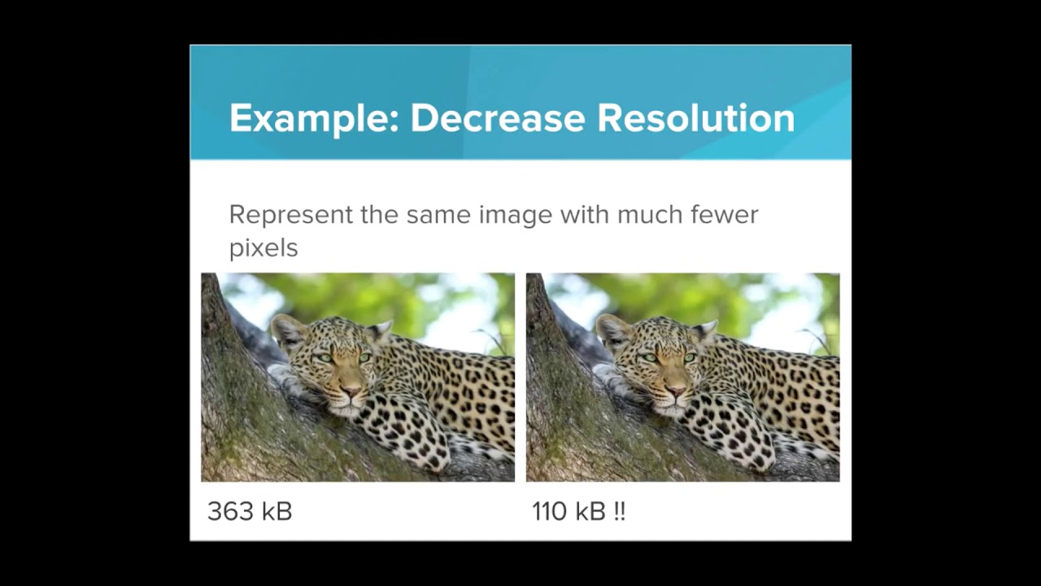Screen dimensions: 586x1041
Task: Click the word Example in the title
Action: [x=312, y=119]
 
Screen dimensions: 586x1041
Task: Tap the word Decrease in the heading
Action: [x=497, y=119]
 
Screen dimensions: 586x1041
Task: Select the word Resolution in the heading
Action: [x=695, y=119]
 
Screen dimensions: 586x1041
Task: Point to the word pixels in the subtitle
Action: [x=264, y=247]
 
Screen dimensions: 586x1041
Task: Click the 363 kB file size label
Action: [x=250, y=512]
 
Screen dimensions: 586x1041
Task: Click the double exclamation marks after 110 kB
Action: [x=620, y=512]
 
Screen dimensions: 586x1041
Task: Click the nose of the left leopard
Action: [x=351, y=391]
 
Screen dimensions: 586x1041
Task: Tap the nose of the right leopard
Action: [x=676, y=391]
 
